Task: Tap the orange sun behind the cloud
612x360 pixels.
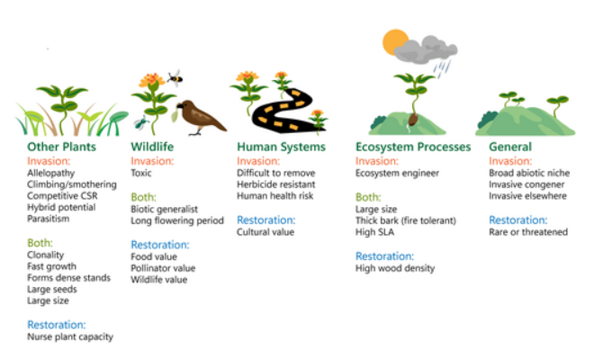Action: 394,42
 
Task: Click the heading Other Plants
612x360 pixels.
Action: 61,147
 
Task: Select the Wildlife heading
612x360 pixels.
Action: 152,147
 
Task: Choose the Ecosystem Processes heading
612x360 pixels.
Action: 413,147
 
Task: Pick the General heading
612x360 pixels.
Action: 510,147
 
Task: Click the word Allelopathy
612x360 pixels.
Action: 51,172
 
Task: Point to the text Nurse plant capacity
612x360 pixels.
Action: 70,337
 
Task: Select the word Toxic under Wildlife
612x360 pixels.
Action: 143,172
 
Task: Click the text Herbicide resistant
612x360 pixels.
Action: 275,184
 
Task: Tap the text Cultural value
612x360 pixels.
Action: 265,231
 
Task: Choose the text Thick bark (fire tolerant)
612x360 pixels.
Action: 407,220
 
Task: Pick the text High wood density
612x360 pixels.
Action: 395,267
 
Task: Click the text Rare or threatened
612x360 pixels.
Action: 528,231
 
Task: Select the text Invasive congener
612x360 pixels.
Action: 526,184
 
